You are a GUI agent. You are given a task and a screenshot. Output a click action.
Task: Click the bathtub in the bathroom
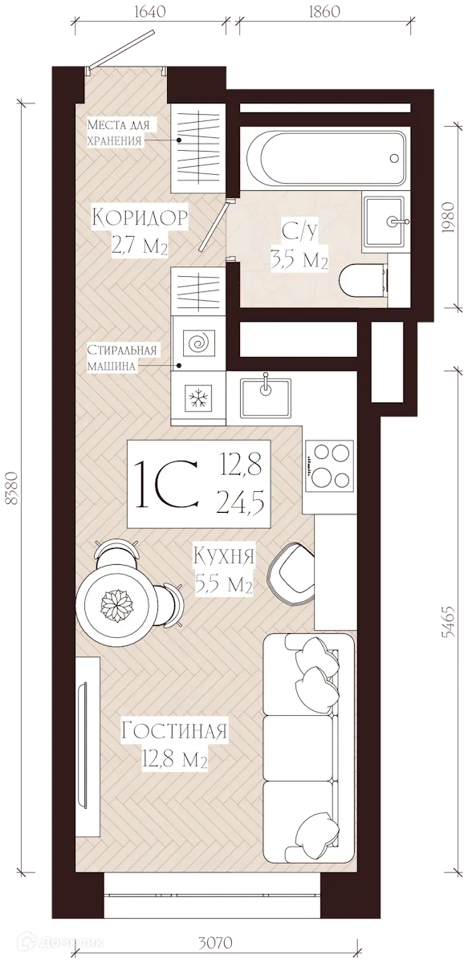click(x=323, y=158)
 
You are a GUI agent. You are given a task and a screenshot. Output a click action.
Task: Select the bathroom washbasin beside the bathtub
click(x=385, y=221)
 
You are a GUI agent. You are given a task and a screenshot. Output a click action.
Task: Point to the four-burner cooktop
click(x=330, y=465)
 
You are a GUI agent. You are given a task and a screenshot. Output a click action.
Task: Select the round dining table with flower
click(x=116, y=603)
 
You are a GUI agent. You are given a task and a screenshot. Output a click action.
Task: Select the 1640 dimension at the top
click(x=149, y=11)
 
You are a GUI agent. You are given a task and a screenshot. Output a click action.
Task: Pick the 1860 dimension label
click(x=324, y=11)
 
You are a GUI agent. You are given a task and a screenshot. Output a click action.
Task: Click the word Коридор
click(x=140, y=217)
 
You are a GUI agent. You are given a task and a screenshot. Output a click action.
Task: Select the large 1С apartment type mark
click(x=166, y=484)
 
